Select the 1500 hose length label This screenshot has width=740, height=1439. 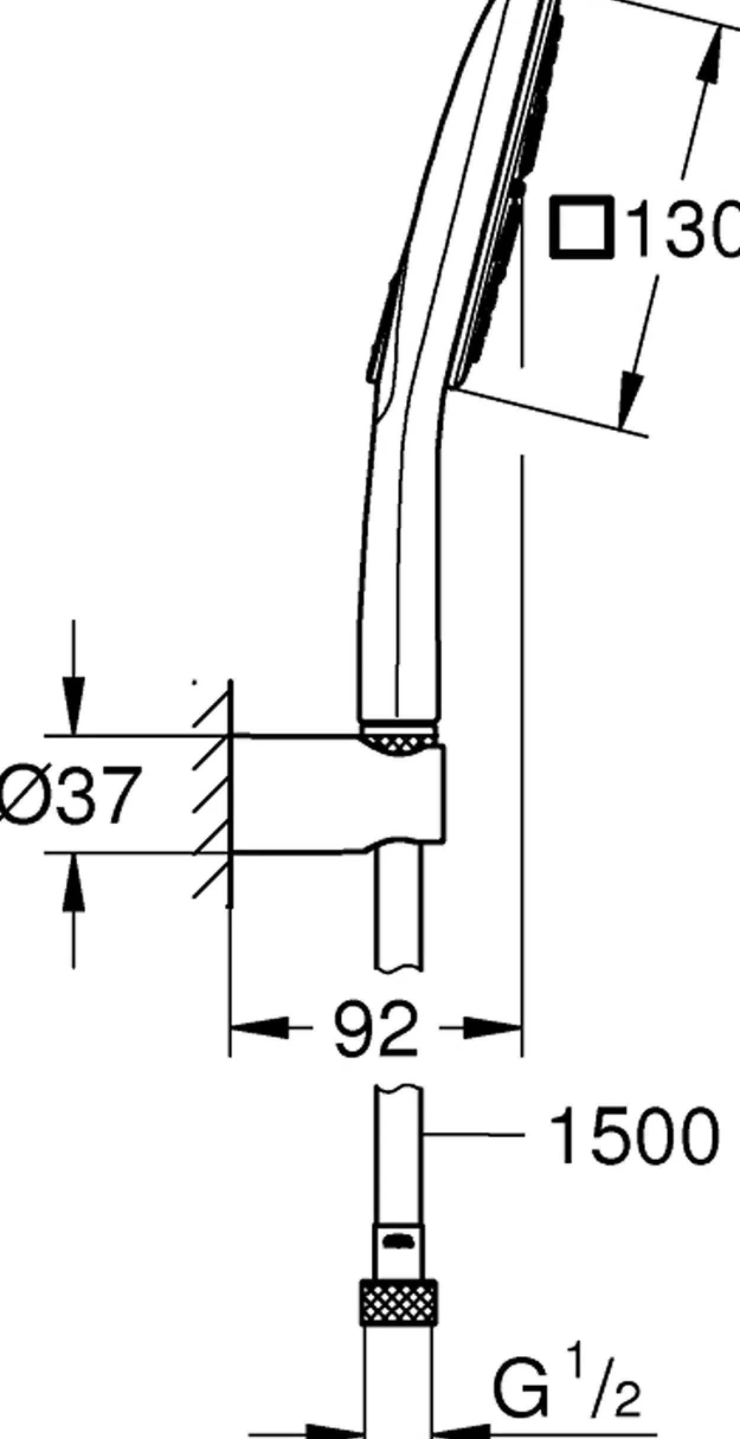634,1135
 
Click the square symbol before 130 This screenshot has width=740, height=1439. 580,228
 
